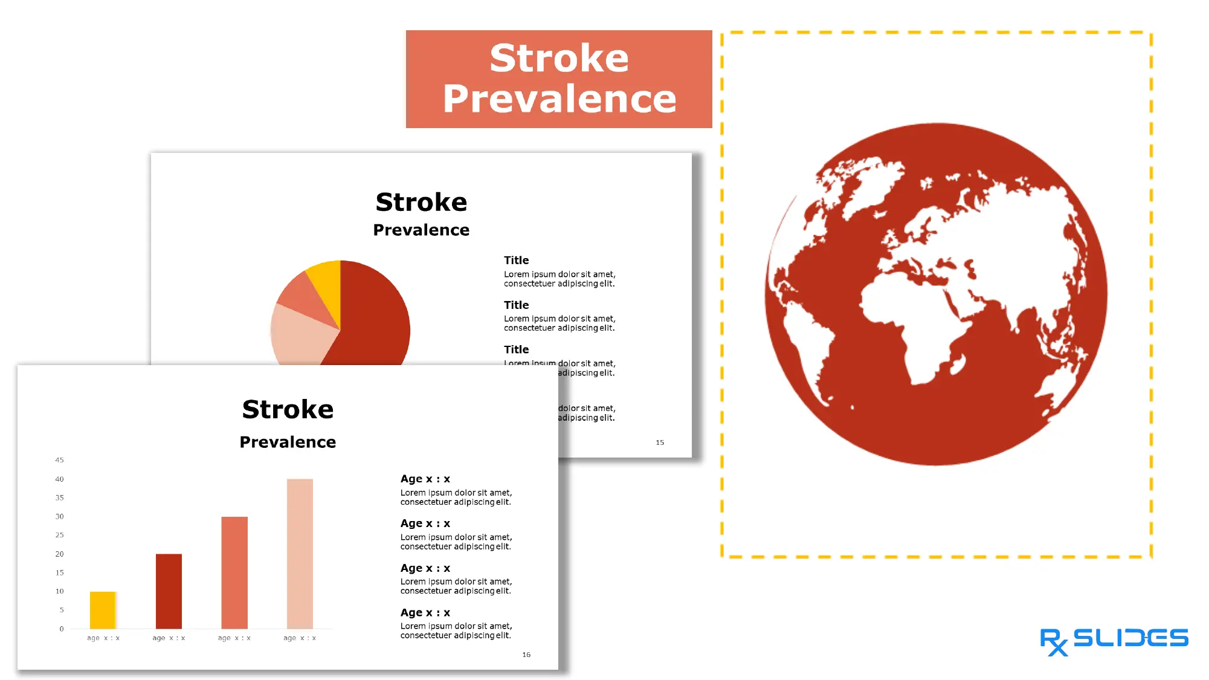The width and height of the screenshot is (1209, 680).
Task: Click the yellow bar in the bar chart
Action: [103, 610]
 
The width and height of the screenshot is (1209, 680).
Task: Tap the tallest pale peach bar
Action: [300, 554]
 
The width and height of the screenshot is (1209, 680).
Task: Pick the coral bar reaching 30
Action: [234, 572]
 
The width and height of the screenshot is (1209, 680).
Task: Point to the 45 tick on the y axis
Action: [59, 460]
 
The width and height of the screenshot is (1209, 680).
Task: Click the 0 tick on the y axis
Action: [61, 629]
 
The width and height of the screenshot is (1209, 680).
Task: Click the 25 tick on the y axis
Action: [59, 535]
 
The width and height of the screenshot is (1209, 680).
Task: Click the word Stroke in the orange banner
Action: [559, 59]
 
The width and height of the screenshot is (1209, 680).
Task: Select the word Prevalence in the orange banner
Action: [559, 99]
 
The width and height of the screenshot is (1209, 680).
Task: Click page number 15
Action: [660, 442]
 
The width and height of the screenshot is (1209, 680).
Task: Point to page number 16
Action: [526, 655]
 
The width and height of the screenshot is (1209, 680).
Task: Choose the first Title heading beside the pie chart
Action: [517, 261]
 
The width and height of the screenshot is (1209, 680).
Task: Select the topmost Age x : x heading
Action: [425, 479]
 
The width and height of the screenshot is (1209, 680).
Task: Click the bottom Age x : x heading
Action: [425, 612]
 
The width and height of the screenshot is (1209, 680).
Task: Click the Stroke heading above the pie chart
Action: [421, 202]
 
